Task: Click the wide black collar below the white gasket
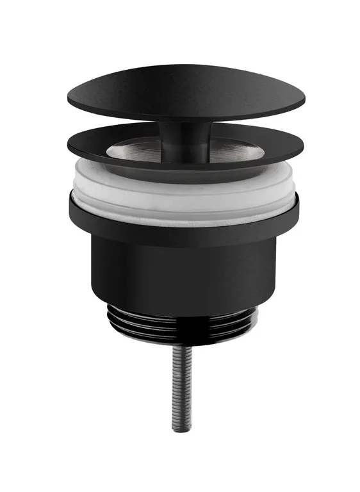186,227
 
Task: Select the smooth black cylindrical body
186,275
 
